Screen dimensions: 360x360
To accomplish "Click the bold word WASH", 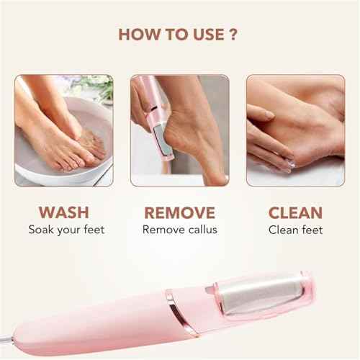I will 64,213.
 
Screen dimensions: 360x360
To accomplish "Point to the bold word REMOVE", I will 179,213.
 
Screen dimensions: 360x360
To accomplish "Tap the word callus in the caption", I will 201,230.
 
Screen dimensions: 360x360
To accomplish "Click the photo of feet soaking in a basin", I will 64,130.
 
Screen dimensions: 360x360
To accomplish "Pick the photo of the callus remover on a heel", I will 179,130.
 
